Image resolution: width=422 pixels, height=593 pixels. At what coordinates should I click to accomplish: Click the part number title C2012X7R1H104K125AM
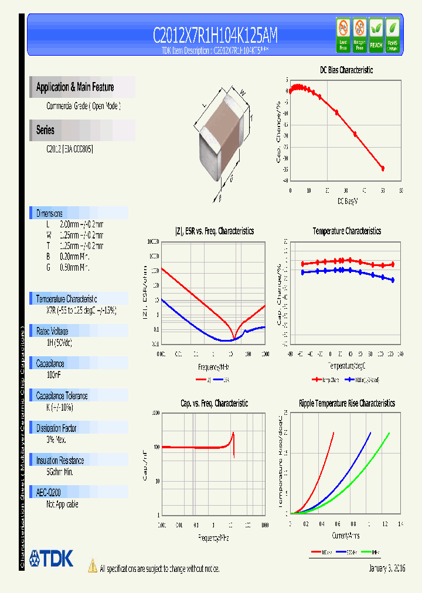pyautogui.click(x=215, y=36)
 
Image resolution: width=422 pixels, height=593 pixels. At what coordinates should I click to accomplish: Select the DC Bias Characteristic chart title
pyautogui.click(x=346, y=70)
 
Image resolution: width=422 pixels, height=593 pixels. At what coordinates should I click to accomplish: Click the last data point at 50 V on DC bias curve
pyautogui.click(x=383, y=168)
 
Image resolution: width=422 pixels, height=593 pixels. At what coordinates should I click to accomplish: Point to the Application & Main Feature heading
pyautogui.click(x=75, y=87)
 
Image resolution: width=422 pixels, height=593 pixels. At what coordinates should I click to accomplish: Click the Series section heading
pyautogui.click(x=45, y=130)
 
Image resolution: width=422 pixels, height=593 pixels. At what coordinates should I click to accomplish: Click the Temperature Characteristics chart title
pyautogui.click(x=346, y=231)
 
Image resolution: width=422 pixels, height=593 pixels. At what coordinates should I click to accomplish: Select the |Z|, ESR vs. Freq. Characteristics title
pyautogui.click(x=214, y=231)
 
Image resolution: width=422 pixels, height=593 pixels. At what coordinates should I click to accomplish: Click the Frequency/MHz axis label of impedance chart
pyautogui.click(x=213, y=367)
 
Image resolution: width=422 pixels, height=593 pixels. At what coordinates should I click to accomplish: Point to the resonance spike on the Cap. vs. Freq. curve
pyautogui.click(x=233, y=437)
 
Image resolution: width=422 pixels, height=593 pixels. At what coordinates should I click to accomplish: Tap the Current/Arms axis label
pyautogui.click(x=346, y=535)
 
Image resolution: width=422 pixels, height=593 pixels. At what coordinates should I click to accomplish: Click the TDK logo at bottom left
pyautogui.click(x=52, y=558)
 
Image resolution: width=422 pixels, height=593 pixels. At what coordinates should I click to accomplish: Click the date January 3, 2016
pyautogui.click(x=387, y=568)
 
